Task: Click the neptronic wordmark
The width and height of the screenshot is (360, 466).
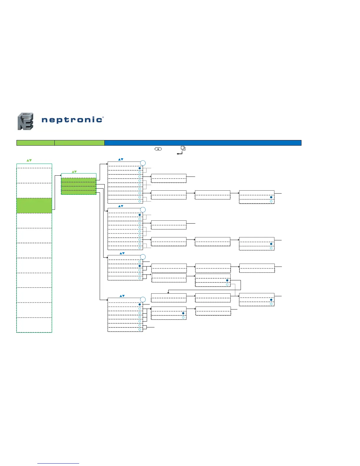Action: (x=72, y=120)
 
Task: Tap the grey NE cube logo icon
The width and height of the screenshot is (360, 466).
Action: (x=25, y=121)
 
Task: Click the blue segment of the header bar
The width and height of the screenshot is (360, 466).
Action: (x=203, y=143)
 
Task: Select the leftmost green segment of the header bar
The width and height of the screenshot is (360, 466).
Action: (x=35, y=143)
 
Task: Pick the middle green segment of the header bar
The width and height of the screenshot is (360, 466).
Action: (x=79, y=143)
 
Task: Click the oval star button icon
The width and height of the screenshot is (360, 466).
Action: (x=158, y=149)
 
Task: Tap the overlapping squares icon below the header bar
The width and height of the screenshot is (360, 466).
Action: (x=183, y=148)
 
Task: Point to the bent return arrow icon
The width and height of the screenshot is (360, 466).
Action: (x=179, y=153)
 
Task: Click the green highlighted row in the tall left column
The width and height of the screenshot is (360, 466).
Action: (x=34, y=205)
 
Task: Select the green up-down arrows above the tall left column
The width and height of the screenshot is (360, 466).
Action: (x=29, y=160)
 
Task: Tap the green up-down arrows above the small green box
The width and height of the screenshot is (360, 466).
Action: (x=74, y=172)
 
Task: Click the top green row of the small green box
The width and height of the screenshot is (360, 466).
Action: (x=79, y=180)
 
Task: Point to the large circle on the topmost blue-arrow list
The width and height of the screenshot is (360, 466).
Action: (x=143, y=163)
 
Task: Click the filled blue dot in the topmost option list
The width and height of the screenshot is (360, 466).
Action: (x=140, y=168)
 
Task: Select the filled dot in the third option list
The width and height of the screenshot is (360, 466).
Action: (x=140, y=266)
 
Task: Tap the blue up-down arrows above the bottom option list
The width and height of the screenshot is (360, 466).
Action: (x=122, y=296)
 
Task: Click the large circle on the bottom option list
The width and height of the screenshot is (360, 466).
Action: (x=143, y=300)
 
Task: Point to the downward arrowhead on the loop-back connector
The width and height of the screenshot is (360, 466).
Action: (x=168, y=292)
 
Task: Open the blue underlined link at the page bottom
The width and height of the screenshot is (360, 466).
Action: (x=58, y=463)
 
